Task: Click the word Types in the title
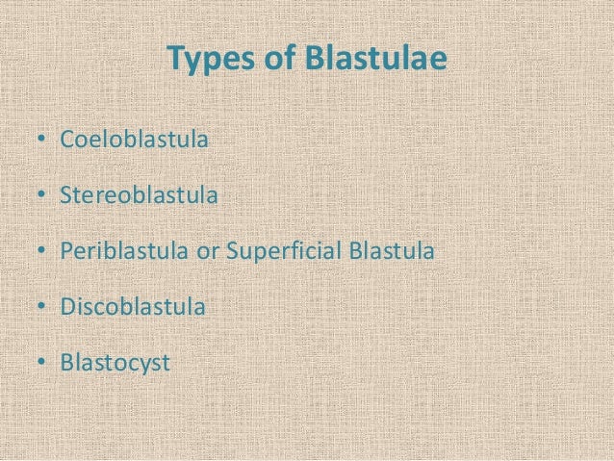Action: pyautogui.click(x=206, y=61)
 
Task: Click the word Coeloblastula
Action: pyautogui.click(x=134, y=141)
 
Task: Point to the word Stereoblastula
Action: pyautogui.click(x=139, y=196)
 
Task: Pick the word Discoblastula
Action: pyautogui.click(x=133, y=308)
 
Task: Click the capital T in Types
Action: pyautogui.click(x=175, y=60)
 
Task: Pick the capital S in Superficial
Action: pyautogui.click(x=231, y=252)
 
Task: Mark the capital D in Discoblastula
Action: pyautogui.click(x=67, y=308)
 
